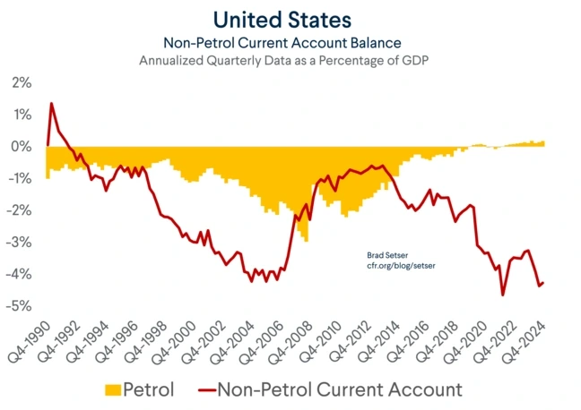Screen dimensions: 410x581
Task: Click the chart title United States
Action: click(x=290, y=20)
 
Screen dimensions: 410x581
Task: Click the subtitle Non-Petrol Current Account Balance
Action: click(x=290, y=42)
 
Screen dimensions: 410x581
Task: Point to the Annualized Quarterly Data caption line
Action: click(x=290, y=62)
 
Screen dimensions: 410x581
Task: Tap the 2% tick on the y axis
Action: click(x=21, y=83)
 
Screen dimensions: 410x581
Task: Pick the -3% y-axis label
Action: click(x=19, y=243)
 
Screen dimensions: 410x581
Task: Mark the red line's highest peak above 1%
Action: click(x=51, y=103)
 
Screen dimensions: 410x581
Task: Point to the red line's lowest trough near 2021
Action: click(x=503, y=295)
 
